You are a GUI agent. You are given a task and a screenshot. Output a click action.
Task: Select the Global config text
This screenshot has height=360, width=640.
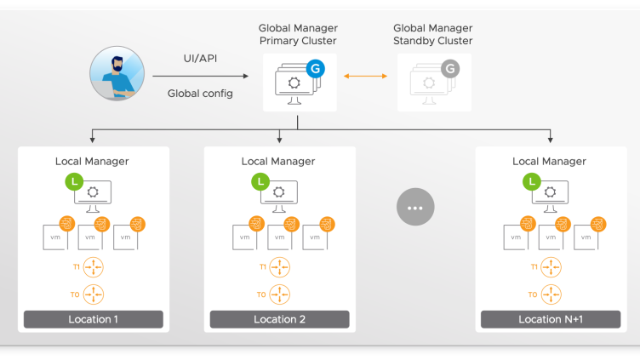(x=201, y=93)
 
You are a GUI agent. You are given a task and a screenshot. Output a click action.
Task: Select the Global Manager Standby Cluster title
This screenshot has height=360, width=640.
(x=432, y=34)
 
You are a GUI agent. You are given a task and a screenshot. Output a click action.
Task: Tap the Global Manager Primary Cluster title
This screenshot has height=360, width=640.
(x=297, y=34)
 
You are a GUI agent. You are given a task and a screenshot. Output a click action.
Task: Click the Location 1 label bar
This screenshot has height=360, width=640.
(x=93, y=319)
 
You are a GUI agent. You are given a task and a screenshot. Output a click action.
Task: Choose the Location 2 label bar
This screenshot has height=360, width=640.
(x=279, y=319)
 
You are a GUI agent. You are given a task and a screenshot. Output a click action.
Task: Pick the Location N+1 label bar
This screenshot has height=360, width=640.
(x=550, y=319)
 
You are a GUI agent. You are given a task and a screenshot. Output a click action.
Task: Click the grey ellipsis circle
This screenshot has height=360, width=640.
(x=415, y=207)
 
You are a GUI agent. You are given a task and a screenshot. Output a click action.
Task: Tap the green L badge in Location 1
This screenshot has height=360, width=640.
(x=74, y=181)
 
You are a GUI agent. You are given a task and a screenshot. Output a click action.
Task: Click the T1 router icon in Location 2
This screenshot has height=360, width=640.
(x=279, y=267)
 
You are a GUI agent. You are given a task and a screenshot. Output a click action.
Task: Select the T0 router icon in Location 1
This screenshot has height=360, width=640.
(x=93, y=294)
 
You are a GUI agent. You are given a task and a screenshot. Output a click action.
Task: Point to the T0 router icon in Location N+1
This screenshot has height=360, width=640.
(x=551, y=294)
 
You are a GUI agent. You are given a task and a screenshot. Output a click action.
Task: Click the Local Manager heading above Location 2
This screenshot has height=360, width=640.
(x=278, y=161)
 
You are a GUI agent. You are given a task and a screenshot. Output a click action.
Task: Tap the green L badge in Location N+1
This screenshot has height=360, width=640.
(x=533, y=181)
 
